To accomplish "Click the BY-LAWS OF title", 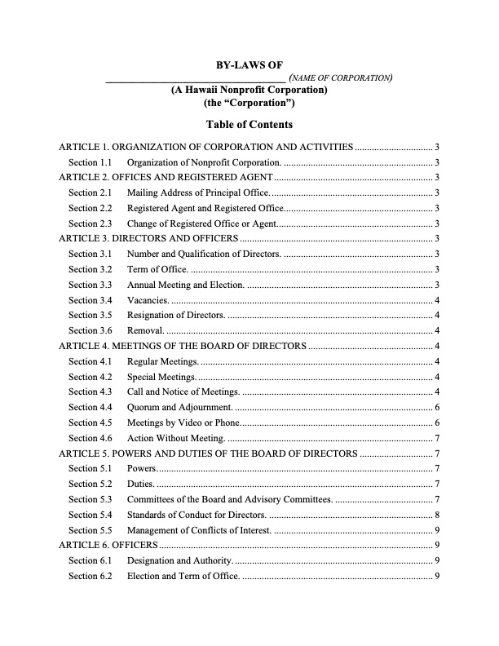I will coord(249,65).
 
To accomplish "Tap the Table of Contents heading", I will coord(249,125).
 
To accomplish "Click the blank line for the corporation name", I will coord(196,79).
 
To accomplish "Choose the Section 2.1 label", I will coord(89,192).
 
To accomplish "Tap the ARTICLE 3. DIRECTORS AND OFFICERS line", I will coord(148,238).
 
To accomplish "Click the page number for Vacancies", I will coord(439,300).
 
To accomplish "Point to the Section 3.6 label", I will coord(89,330).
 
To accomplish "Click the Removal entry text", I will coord(145,330).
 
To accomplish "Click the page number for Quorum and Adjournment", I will coord(439,407).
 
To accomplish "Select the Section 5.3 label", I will coord(89,498).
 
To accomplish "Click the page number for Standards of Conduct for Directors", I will coord(439,514).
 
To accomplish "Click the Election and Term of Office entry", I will coord(183,576).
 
